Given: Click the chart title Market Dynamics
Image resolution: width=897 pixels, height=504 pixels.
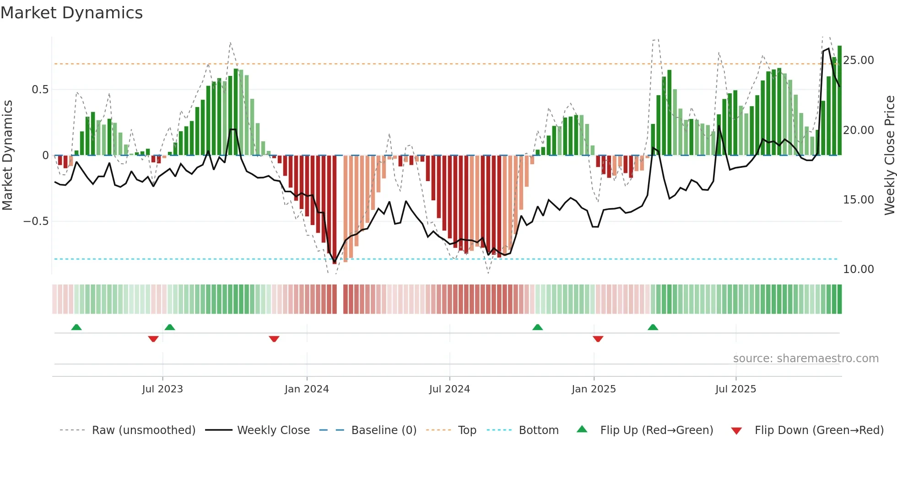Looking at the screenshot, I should (x=71, y=13).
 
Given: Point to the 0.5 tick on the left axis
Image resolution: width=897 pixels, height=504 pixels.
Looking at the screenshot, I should (x=40, y=90).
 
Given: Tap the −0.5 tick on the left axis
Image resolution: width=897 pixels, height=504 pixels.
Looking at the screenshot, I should (x=36, y=221).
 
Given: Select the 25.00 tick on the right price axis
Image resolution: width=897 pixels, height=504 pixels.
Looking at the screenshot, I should (x=858, y=60).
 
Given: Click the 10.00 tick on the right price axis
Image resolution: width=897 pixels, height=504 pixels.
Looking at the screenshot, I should (x=858, y=269).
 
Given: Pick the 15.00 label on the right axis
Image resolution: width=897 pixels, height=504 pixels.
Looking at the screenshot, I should (x=858, y=200).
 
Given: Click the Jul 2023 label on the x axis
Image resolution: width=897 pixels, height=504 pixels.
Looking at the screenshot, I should (x=162, y=389).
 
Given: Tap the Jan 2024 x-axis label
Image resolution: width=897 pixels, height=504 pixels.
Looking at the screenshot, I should (x=307, y=389).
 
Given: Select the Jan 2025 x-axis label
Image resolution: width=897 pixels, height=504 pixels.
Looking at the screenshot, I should (x=594, y=389).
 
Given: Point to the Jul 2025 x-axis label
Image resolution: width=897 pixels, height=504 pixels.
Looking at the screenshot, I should (x=735, y=389).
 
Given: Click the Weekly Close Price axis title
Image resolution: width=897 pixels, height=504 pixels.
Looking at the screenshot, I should (x=889, y=155).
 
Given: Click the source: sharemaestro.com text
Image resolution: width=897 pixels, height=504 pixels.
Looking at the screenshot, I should (x=805, y=359).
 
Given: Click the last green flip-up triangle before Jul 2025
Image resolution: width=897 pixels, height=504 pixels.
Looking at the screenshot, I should (x=653, y=327).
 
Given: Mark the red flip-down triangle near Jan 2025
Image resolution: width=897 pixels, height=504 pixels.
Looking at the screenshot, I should (x=598, y=339).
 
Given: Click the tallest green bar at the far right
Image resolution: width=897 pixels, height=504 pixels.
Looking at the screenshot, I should (x=839, y=101).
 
